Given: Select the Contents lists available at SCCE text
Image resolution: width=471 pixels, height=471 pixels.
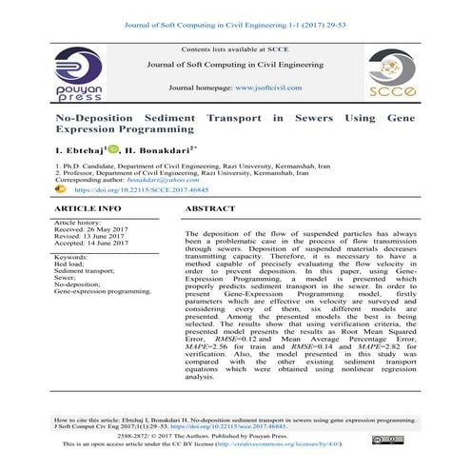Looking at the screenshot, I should click(x=235, y=48).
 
